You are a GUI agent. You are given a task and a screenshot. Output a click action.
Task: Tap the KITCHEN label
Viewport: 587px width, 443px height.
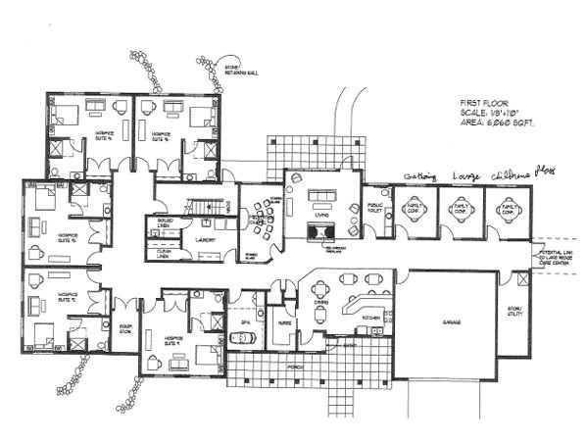click(x=370, y=319)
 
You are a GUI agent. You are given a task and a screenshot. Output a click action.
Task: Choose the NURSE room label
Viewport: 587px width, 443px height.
click(x=284, y=321)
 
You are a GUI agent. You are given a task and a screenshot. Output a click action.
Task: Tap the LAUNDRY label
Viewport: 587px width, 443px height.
click(x=205, y=238)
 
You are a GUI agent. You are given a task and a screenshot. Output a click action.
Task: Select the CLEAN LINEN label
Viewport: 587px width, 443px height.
click(x=164, y=254)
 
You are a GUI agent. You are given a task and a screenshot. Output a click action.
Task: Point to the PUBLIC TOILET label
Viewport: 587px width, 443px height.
click(x=374, y=209)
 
